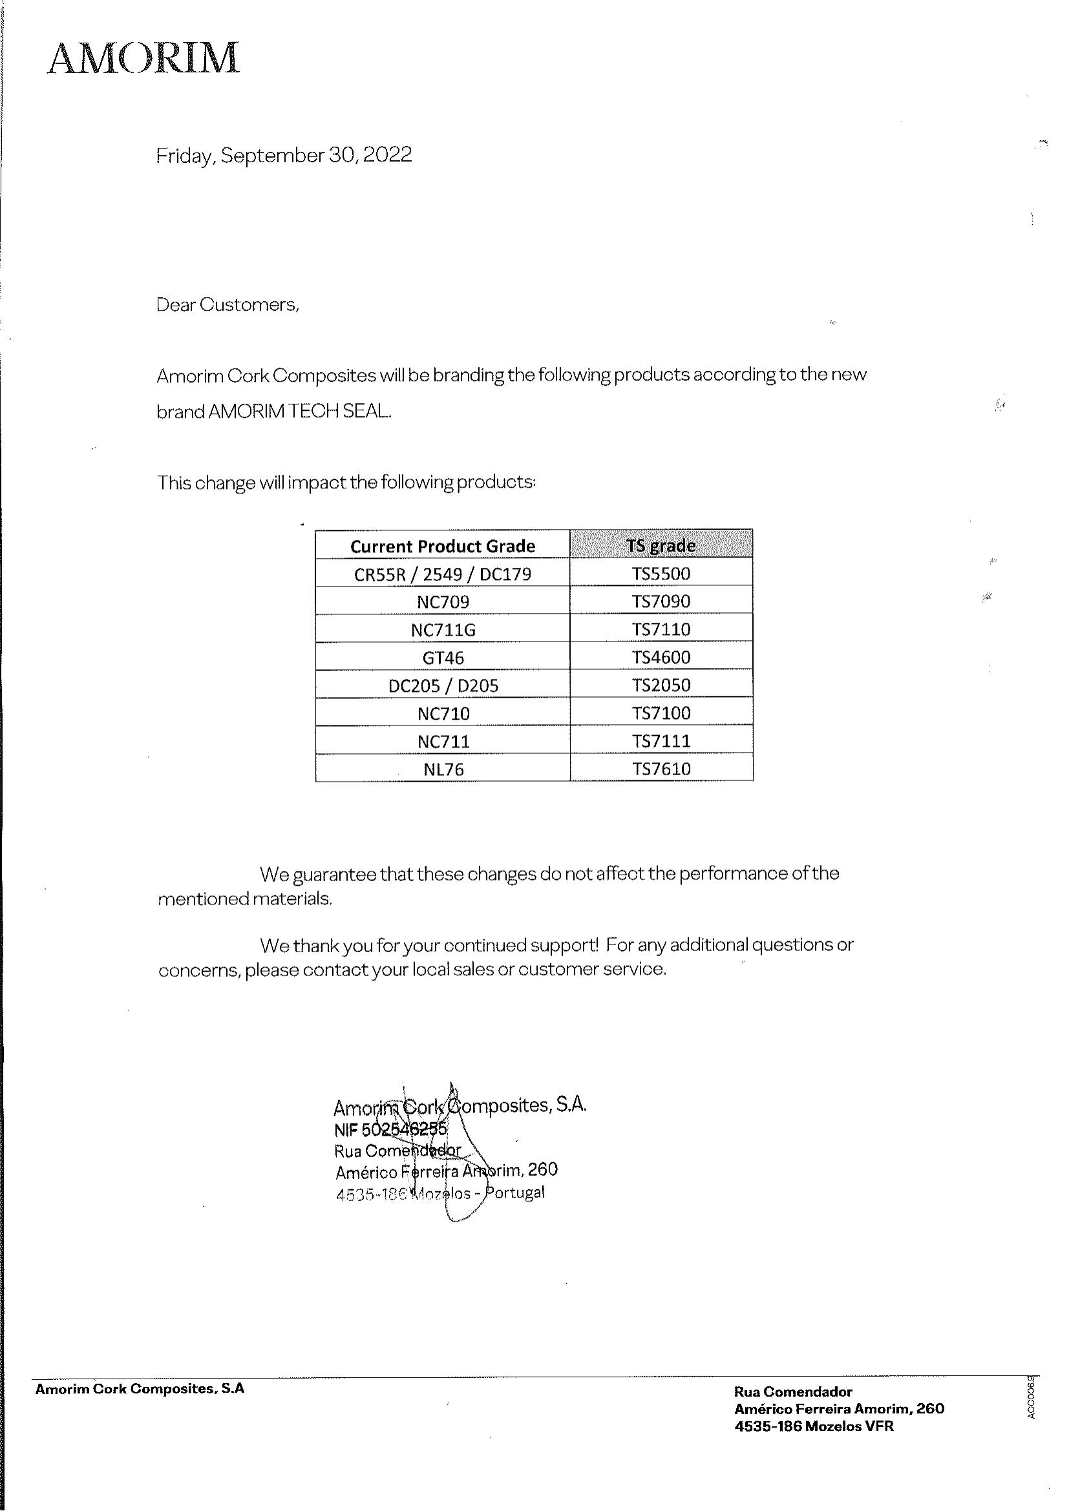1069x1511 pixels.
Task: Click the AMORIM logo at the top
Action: click(x=143, y=58)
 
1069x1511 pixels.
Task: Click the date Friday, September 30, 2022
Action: click(x=284, y=155)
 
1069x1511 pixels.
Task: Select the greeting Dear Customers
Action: click(x=227, y=305)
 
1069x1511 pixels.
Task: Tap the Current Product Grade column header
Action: click(x=442, y=546)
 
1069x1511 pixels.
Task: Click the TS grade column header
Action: click(x=661, y=546)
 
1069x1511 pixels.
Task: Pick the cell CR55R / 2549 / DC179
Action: click(x=442, y=574)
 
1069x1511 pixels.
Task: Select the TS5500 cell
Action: click(x=661, y=573)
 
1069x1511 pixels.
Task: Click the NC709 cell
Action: click(x=442, y=601)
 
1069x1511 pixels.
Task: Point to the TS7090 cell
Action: click(x=661, y=601)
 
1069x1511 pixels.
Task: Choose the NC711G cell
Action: click(x=442, y=630)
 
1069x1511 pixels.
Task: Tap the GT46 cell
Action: click(x=442, y=658)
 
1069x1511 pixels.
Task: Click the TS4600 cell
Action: click(x=661, y=657)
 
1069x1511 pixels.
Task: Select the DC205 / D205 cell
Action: click(x=442, y=686)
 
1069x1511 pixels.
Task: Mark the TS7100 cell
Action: click(x=661, y=713)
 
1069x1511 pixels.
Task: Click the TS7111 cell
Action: click(x=661, y=741)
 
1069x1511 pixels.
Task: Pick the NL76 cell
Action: click(x=442, y=769)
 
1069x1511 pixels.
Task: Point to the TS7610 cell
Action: click(x=661, y=769)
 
